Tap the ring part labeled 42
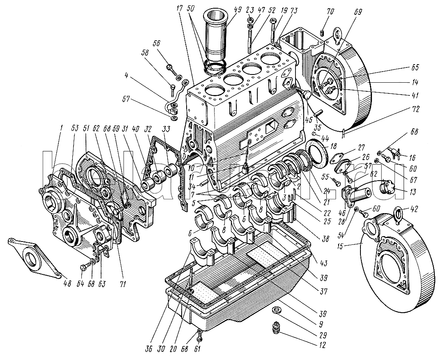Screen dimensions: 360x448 pyautogui.click(x=399, y=213)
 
